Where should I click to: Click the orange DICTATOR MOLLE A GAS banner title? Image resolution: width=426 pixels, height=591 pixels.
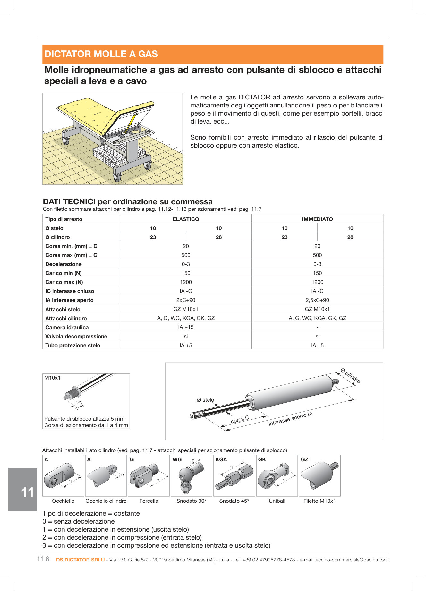click(101, 54)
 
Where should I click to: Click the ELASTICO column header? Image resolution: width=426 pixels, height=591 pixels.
click(186, 219)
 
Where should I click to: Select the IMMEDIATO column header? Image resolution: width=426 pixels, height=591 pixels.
click(317, 219)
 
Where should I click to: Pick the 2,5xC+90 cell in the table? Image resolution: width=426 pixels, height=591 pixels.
click(317, 300)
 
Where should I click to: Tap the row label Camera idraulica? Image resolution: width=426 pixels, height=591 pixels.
click(67, 327)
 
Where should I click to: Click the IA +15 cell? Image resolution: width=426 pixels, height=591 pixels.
click(186, 327)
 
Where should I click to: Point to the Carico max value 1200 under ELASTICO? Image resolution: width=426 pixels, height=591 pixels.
click(186, 282)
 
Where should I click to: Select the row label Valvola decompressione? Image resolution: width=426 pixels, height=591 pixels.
click(76, 336)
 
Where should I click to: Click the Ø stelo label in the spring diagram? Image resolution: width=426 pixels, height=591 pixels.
click(205, 400)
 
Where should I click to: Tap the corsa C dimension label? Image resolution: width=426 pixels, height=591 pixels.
click(240, 419)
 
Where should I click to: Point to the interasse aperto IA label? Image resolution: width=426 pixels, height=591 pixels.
click(290, 419)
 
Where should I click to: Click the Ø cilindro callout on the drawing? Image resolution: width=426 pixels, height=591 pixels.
click(350, 376)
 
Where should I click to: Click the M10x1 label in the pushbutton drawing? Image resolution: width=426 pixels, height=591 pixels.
click(52, 378)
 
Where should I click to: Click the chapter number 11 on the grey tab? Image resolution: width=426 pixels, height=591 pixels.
click(27, 492)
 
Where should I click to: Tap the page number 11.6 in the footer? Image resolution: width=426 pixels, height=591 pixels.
click(43, 559)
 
